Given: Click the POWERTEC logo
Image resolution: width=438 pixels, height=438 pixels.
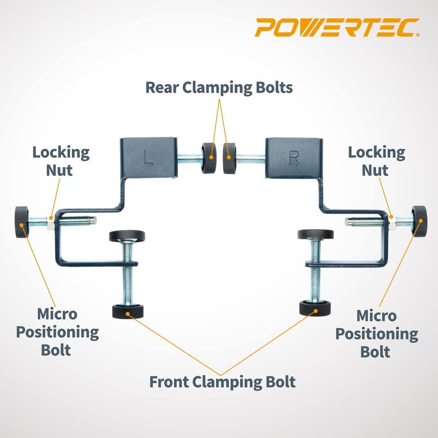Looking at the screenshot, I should (x=337, y=27).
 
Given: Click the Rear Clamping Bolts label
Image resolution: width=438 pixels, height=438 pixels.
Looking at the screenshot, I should (x=219, y=87).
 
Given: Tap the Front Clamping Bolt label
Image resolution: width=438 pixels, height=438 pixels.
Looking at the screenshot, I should (x=223, y=381).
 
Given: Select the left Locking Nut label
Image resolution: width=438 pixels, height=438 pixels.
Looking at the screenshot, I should (x=60, y=161).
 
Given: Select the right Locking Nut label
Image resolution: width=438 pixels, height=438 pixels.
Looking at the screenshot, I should (x=376, y=161).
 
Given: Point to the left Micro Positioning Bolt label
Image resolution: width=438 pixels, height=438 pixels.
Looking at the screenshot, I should (x=57, y=332).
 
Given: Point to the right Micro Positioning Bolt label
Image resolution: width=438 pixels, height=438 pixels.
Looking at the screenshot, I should (x=376, y=333).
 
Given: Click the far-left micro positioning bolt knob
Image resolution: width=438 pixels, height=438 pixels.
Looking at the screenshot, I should (x=21, y=222).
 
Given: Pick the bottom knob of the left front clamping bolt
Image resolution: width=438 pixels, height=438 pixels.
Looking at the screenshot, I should (x=128, y=312).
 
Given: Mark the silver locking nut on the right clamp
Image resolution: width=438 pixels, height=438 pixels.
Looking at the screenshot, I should (x=392, y=223).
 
